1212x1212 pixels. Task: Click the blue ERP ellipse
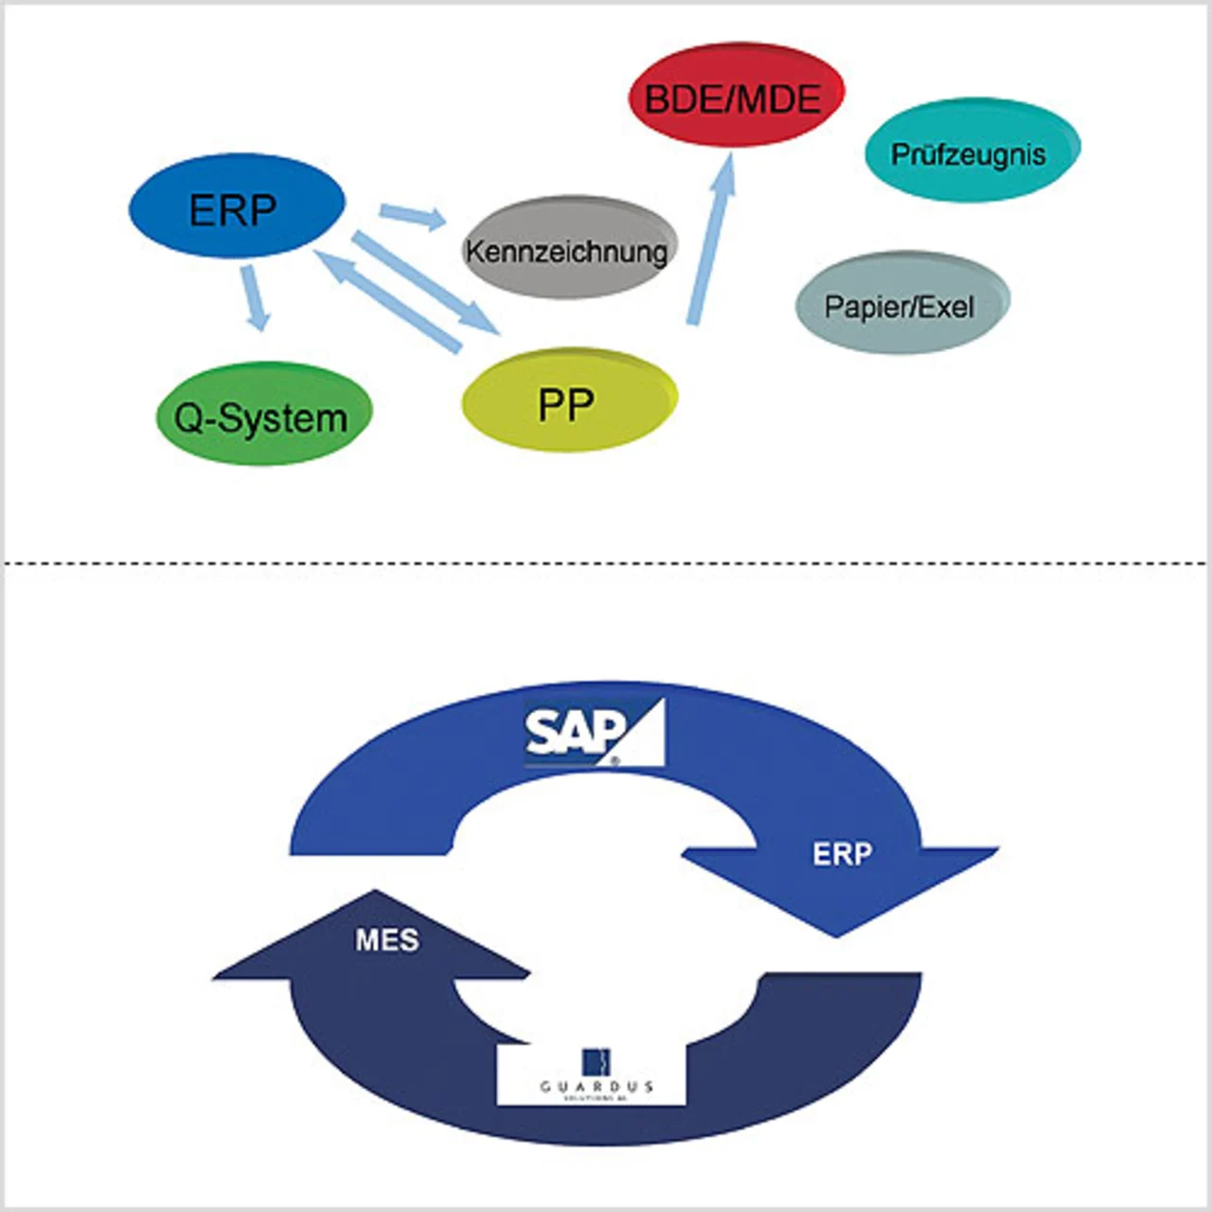point(237,206)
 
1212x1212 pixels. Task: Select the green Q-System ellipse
point(263,415)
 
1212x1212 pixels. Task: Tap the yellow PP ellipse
point(568,401)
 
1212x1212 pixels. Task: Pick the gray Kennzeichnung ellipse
point(568,248)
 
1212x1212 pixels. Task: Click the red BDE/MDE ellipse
point(736,96)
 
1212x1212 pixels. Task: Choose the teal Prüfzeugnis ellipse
point(971,151)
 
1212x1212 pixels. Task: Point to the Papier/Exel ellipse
point(901,303)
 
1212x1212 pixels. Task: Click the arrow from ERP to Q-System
point(255,297)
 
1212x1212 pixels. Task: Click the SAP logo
point(594,732)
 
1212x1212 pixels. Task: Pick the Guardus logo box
point(592,1076)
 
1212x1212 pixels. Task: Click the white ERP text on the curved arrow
point(842,854)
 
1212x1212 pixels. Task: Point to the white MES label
point(387,940)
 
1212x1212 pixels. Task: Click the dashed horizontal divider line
point(606,564)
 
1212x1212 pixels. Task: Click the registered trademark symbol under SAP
point(615,760)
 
